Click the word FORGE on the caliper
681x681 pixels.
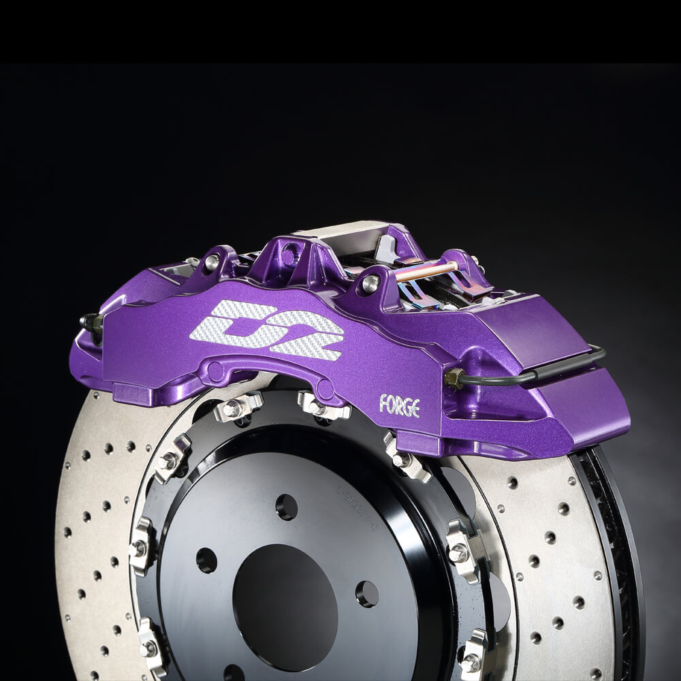(399, 407)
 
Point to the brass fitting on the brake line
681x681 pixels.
(454, 377)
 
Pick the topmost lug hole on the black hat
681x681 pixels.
(286, 507)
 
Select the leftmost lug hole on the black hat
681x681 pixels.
(206, 560)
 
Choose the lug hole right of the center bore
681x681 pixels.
(367, 594)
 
